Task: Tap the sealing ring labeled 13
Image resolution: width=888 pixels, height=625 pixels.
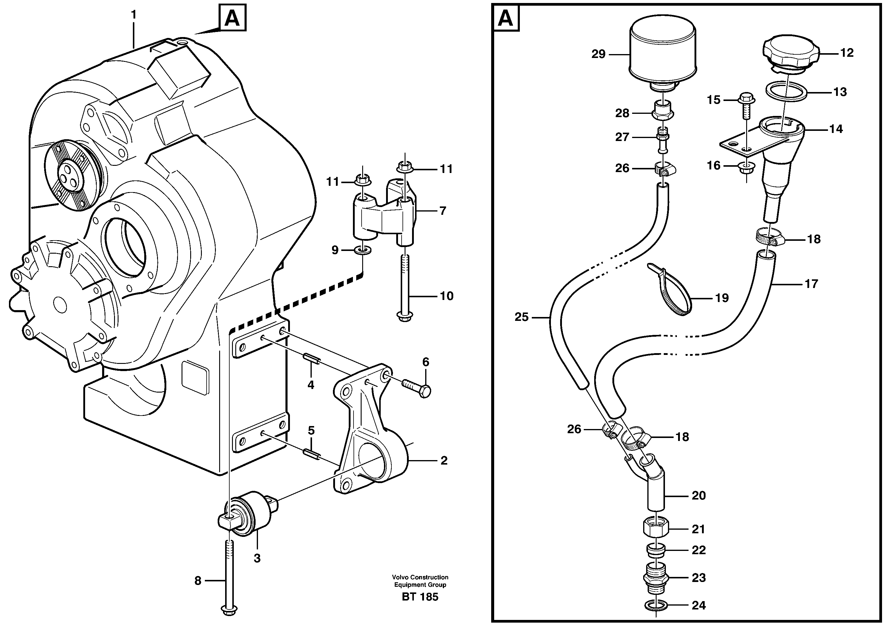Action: click(786, 92)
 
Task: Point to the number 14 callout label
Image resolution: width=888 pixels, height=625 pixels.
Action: click(835, 129)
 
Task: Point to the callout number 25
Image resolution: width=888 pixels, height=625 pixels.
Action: click(521, 317)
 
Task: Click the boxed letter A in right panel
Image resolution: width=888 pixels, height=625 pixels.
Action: click(506, 18)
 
